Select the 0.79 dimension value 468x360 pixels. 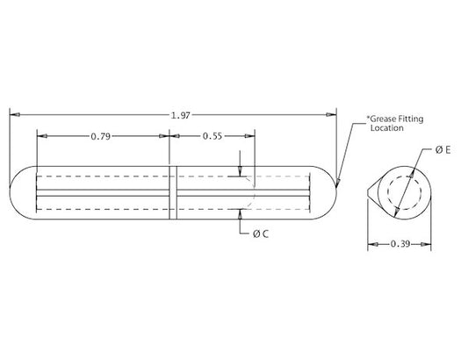click(101, 136)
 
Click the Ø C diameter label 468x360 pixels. click(260, 234)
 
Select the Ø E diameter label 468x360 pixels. click(443, 151)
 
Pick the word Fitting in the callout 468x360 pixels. click(414, 117)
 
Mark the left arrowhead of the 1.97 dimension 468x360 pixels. click(12, 114)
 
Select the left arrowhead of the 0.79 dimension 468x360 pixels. click(40, 136)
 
